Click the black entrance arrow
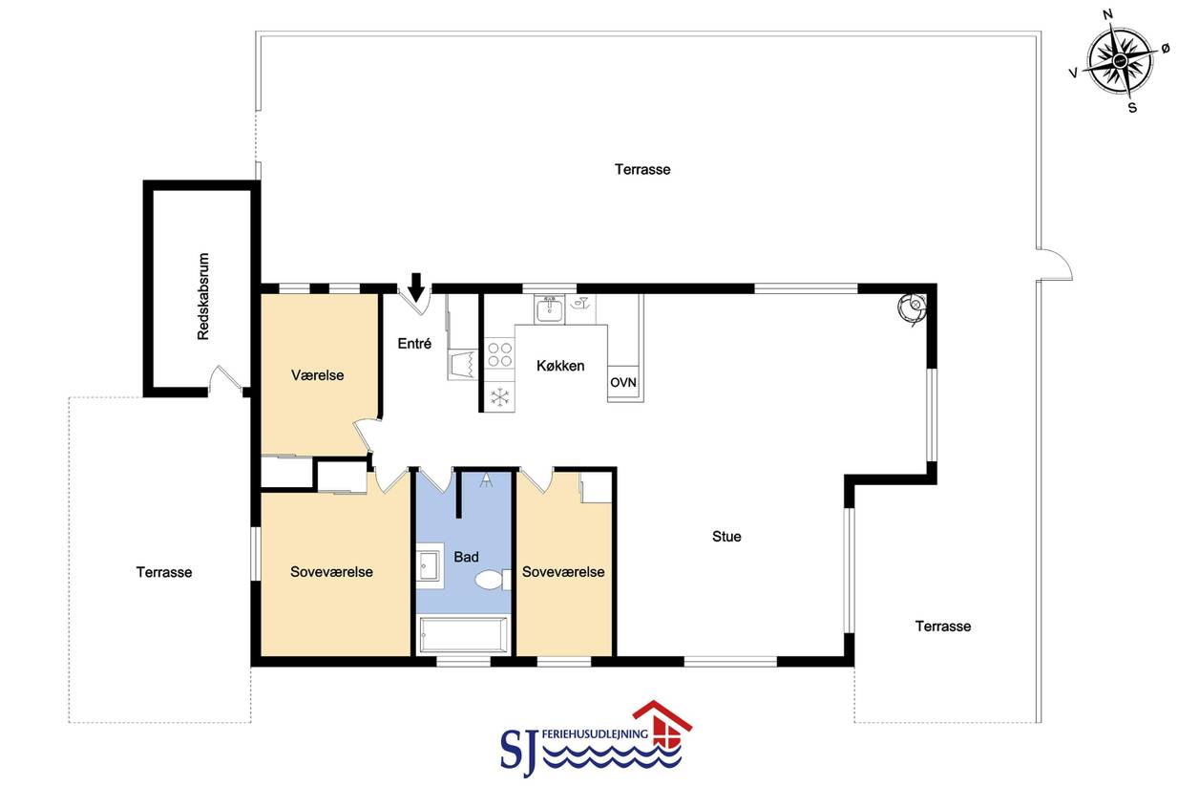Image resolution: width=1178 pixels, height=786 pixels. [416, 287]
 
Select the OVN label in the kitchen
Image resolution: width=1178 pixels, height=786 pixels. [623, 382]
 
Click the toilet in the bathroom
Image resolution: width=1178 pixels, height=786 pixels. [493, 580]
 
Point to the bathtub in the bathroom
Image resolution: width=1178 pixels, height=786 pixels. [463, 634]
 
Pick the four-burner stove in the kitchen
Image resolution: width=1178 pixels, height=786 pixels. [499, 354]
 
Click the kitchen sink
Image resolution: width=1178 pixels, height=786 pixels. [550, 308]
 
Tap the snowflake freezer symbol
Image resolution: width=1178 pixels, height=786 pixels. [499, 397]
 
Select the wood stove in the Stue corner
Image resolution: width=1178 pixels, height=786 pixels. [912, 308]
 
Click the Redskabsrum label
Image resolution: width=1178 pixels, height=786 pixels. [203, 296]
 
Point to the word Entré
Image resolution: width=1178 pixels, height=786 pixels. [414, 344]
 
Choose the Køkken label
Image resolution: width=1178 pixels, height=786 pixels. [560, 366]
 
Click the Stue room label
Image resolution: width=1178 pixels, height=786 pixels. [726, 536]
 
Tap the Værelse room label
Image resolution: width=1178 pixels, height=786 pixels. [317, 375]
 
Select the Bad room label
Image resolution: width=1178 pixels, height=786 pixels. [466, 557]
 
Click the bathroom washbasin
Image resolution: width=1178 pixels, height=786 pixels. [430, 565]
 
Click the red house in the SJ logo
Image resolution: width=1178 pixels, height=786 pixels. [663, 723]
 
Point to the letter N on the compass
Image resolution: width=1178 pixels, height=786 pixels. [1107, 14]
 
